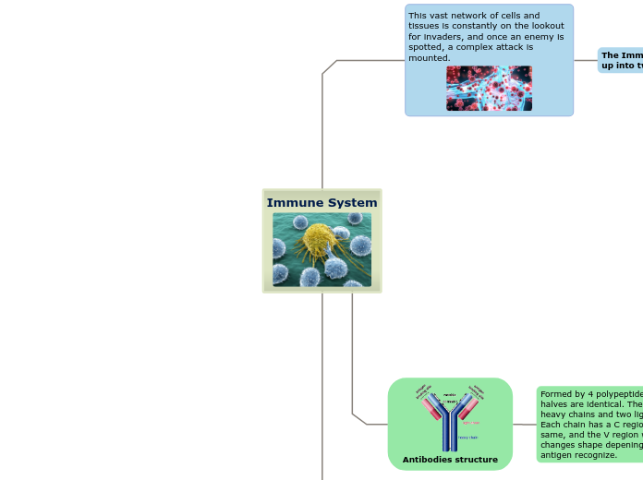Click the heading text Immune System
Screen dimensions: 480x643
click(321, 203)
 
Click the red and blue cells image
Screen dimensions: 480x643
click(489, 89)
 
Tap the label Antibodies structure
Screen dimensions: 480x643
click(450, 460)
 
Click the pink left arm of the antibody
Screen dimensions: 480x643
click(431, 407)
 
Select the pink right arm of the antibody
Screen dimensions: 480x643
click(468, 407)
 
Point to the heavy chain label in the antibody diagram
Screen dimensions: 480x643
click(468, 438)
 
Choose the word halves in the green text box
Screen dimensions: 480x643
click(554, 404)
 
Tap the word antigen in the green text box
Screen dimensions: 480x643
click(557, 455)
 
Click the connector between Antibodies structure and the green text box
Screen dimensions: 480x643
click(525, 425)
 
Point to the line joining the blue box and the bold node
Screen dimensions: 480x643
click(586, 61)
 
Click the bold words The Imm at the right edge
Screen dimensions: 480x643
click(621, 55)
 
